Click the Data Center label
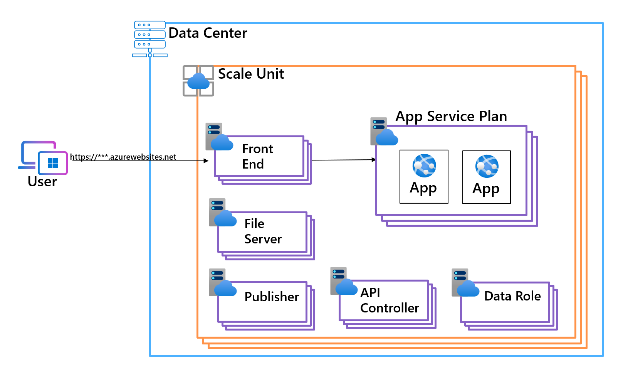coord(208,33)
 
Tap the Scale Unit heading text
coord(251,74)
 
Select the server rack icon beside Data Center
coord(150,39)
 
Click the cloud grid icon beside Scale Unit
coord(198,81)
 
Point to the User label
coord(42,181)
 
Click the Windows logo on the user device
coord(53,163)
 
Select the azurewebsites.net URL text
coord(123,157)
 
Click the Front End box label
coord(257,156)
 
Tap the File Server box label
coord(263,231)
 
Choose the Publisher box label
coord(272,297)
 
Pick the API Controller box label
coord(390,300)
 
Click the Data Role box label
coord(512,296)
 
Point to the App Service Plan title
coord(451,116)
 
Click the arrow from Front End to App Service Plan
coord(343,160)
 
